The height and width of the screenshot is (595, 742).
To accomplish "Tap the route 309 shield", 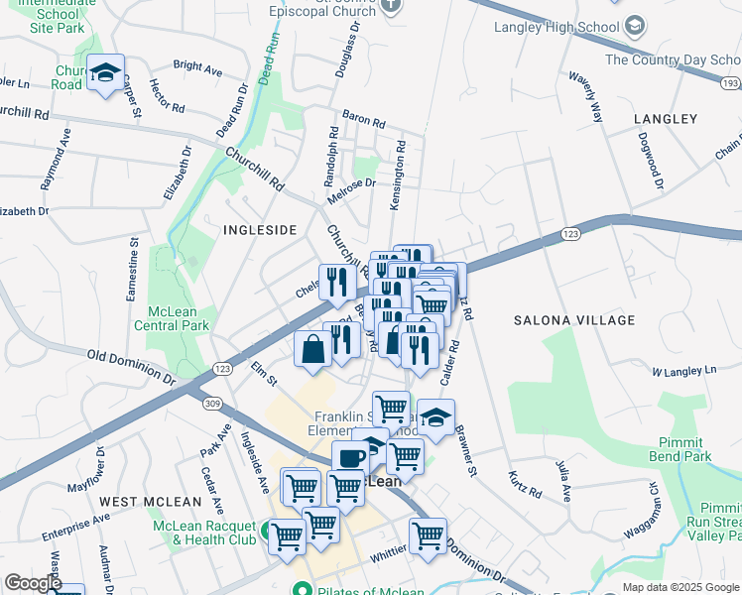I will (211, 402).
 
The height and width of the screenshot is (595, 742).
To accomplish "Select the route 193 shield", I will (730, 84).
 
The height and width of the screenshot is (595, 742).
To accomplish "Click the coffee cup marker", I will (349, 458).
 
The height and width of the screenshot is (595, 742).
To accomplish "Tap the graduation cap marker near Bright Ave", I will (104, 73).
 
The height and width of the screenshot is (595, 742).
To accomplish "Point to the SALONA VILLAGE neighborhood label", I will (573, 320).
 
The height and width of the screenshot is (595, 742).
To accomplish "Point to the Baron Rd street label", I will (363, 121).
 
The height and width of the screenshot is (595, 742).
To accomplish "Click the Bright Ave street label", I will (197, 69).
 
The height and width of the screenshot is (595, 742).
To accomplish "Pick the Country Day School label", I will (673, 60).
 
